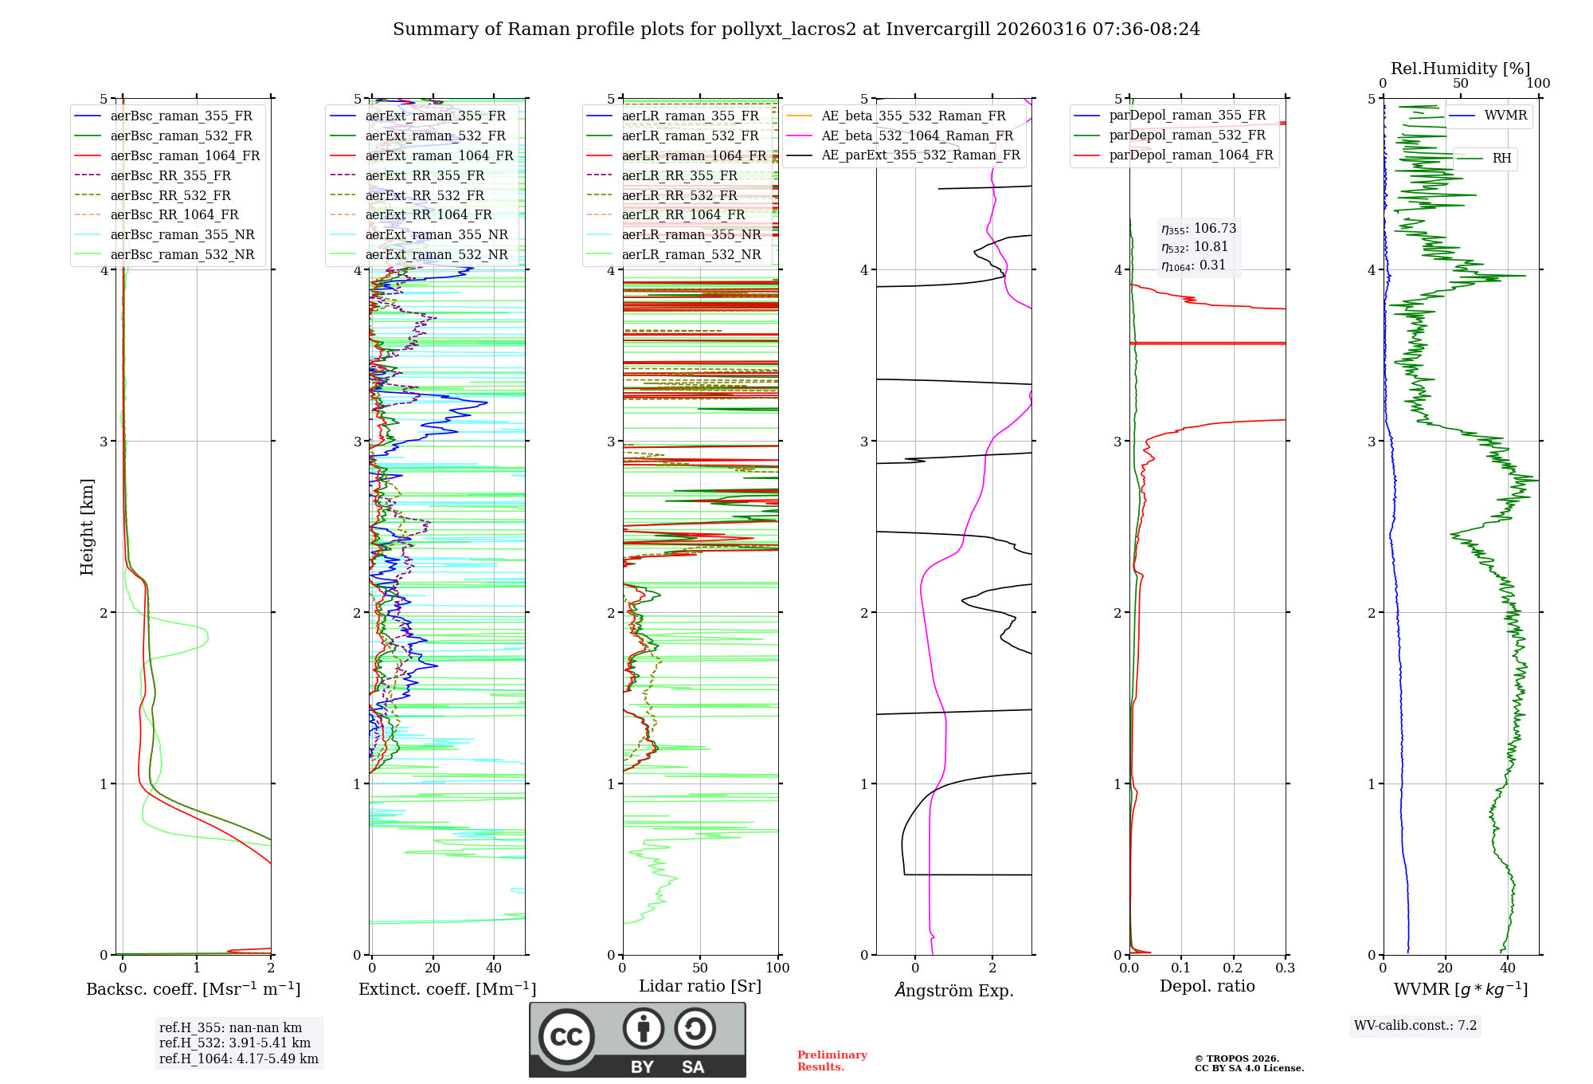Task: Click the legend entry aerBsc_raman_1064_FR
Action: pyautogui.click(x=185, y=156)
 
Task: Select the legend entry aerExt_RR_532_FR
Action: pyautogui.click(x=425, y=195)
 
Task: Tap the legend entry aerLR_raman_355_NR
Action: pyautogui.click(x=691, y=234)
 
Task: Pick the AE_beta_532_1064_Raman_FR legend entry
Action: pyautogui.click(x=917, y=136)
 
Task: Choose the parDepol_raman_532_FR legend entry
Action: pyautogui.click(x=1187, y=135)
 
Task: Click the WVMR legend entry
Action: pyautogui.click(x=1505, y=116)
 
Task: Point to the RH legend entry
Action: pyautogui.click(x=1501, y=159)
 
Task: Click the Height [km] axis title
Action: pyautogui.click(x=87, y=527)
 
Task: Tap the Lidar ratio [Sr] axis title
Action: pyautogui.click(x=700, y=987)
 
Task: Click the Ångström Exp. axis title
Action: pyautogui.click(x=954, y=991)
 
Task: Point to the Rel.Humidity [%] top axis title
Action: pyautogui.click(x=1460, y=69)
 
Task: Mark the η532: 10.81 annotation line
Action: pyautogui.click(x=1195, y=247)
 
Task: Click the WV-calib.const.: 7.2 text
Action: pyautogui.click(x=1415, y=1026)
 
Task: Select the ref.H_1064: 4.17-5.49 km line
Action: pyautogui.click(x=239, y=1059)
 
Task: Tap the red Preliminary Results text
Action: pyautogui.click(x=832, y=1061)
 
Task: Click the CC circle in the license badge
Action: pyautogui.click(x=566, y=1036)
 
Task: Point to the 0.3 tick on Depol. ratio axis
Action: pyautogui.click(x=1285, y=968)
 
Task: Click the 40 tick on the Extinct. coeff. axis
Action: pyautogui.click(x=494, y=968)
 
